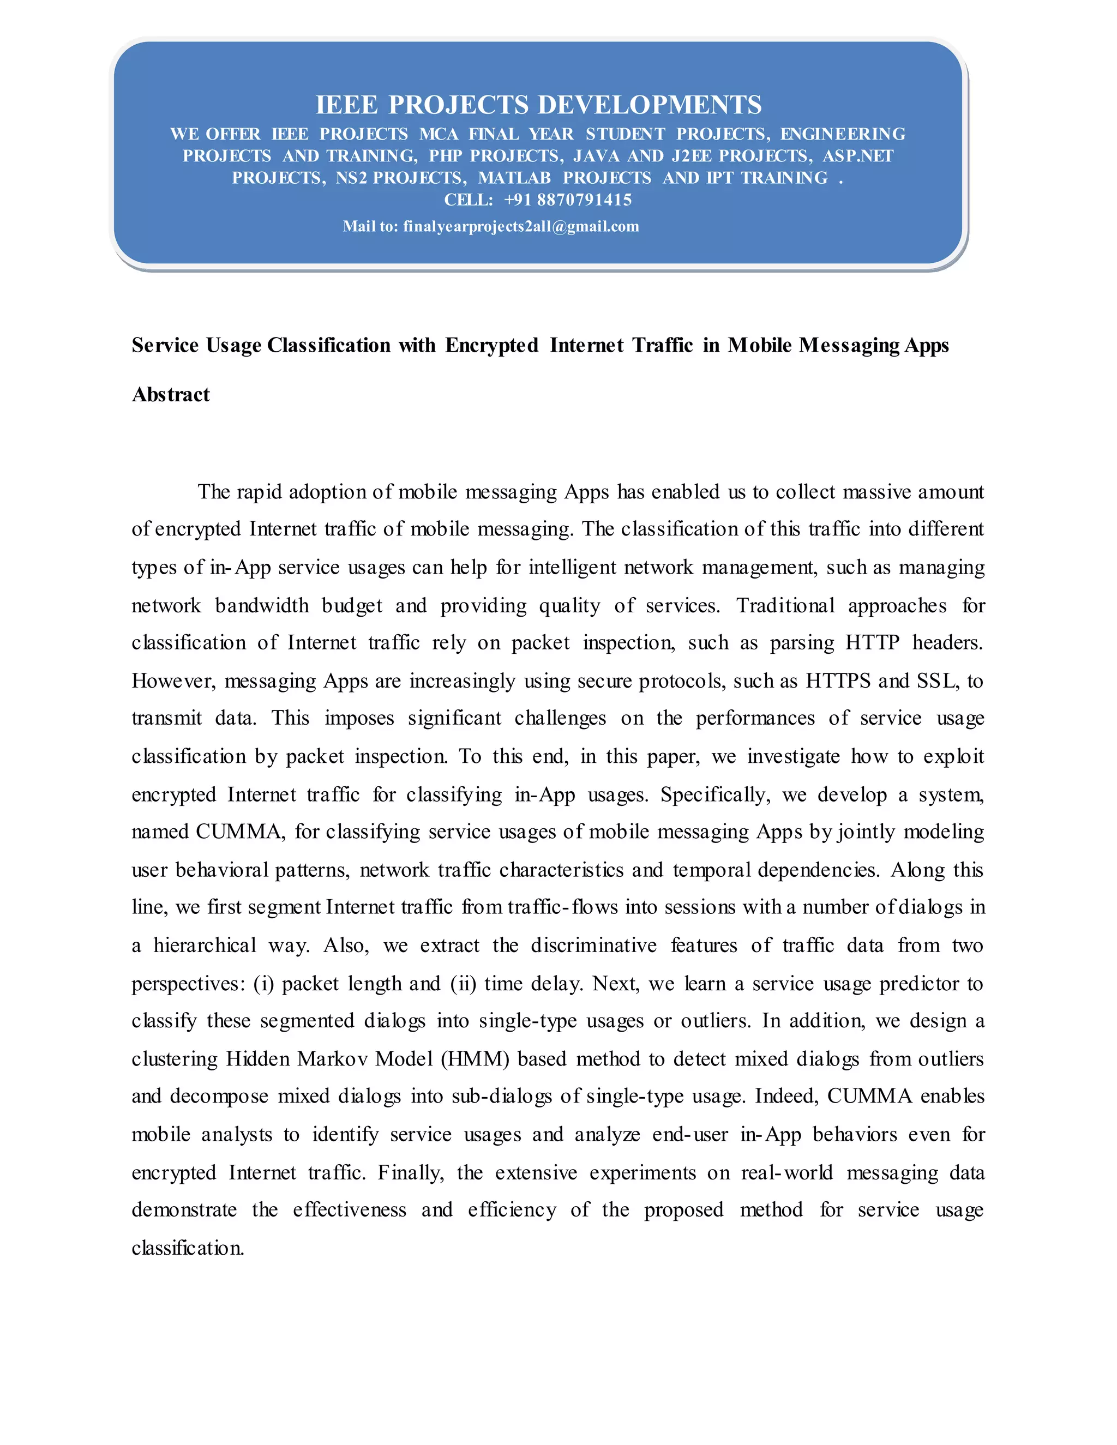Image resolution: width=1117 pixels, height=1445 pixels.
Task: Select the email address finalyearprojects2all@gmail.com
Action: [x=521, y=226]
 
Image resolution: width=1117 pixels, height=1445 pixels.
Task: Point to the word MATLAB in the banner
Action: [x=514, y=178]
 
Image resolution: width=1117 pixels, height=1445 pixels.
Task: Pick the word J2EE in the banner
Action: [x=691, y=156]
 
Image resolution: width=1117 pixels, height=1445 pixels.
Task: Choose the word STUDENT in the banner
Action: [x=624, y=134]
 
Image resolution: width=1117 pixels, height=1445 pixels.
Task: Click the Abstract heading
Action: [x=171, y=394]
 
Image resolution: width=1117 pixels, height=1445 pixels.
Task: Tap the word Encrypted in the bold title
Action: [x=491, y=345]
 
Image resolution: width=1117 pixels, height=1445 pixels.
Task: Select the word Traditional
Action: [x=785, y=605]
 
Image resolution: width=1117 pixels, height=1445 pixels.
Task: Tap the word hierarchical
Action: [x=205, y=946]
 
